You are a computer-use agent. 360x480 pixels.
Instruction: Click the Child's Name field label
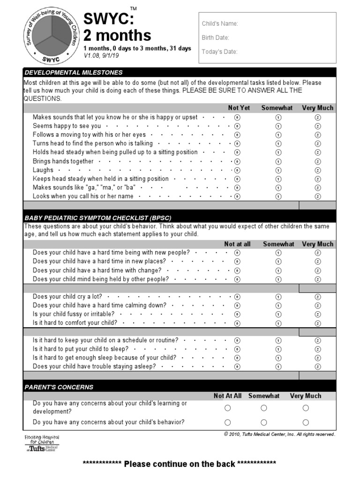pyautogui.click(x=220, y=23)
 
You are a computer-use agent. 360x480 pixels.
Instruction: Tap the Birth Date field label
pyautogui.click(x=215, y=37)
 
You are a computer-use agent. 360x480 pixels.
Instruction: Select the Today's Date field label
pyautogui.click(x=219, y=52)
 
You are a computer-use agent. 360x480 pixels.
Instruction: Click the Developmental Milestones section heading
pyautogui.click(x=73, y=72)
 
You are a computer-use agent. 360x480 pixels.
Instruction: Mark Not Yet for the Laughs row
pyautogui.click(x=237, y=170)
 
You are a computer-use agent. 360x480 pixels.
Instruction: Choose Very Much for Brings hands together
pyautogui.click(x=318, y=161)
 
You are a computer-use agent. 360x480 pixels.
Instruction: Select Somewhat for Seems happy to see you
pyautogui.click(x=278, y=126)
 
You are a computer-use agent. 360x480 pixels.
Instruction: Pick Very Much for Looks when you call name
pyautogui.click(x=318, y=196)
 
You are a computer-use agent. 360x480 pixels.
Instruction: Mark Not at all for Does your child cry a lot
pyautogui.click(x=237, y=297)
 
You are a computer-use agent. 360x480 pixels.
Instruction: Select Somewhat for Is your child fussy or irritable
pyautogui.click(x=278, y=314)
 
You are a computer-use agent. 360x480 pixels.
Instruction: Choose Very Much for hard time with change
pyautogui.click(x=318, y=270)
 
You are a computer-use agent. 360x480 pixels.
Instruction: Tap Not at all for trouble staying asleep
pyautogui.click(x=237, y=367)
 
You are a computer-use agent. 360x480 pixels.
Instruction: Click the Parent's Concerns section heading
pyautogui.click(x=59, y=387)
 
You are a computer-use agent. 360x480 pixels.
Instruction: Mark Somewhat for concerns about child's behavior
pyautogui.click(x=264, y=422)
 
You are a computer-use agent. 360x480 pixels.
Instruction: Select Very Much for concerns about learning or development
pyautogui.click(x=306, y=408)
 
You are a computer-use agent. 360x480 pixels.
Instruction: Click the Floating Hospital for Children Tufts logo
pyautogui.click(x=42, y=443)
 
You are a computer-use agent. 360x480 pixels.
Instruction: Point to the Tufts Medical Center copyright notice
pyautogui.click(x=279, y=434)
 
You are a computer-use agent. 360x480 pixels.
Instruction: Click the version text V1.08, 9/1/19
pyautogui.click(x=102, y=55)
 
